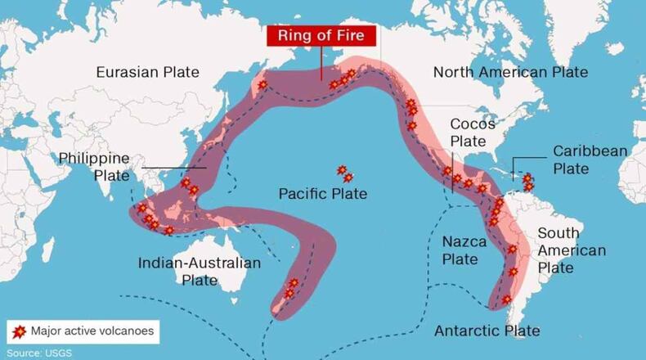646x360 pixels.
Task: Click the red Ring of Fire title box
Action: click(x=321, y=36)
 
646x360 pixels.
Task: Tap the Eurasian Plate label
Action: click(x=147, y=72)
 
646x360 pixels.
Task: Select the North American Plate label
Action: click(x=510, y=72)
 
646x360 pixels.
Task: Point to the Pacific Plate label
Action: click(x=322, y=194)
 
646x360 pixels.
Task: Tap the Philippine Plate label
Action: click(x=94, y=166)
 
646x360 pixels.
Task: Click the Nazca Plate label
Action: click(x=464, y=250)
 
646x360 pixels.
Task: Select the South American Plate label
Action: click(x=571, y=250)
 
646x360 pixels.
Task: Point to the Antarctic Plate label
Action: click(x=487, y=331)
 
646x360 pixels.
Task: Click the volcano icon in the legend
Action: click(x=19, y=331)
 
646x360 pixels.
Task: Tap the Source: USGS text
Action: click(x=37, y=353)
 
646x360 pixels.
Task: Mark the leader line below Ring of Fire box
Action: click(x=321, y=62)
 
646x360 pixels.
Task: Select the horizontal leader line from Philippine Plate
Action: click(x=172, y=169)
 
